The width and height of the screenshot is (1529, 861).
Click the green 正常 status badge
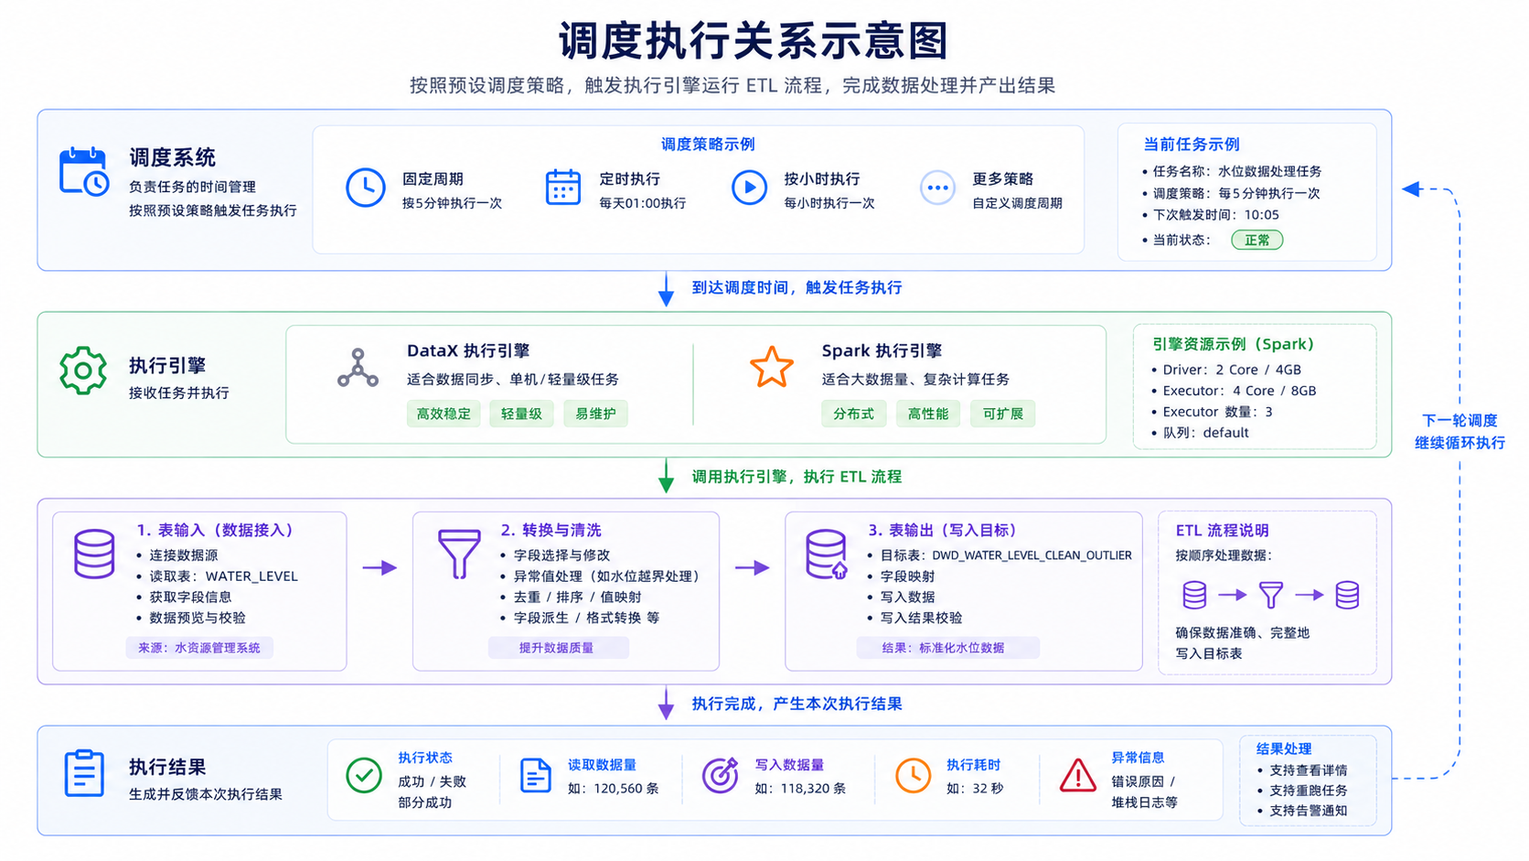click(x=1256, y=240)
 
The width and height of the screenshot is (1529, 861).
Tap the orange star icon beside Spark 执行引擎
click(x=771, y=367)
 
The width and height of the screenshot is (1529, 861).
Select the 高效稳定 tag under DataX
click(x=444, y=414)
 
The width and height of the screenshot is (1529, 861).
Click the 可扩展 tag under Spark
click(x=1003, y=414)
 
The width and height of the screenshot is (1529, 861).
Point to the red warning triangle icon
click(x=1078, y=776)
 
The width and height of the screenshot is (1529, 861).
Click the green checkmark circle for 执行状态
click(x=364, y=775)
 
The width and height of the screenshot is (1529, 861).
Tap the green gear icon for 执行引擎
click(x=83, y=370)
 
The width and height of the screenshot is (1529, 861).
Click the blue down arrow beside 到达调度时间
click(x=667, y=289)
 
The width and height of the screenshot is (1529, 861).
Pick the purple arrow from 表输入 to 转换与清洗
click(x=380, y=567)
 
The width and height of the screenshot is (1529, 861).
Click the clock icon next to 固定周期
click(x=365, y=187)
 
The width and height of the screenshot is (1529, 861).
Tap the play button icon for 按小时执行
click(x=750, y=187)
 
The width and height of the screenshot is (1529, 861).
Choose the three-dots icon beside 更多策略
click(x=937, y=187)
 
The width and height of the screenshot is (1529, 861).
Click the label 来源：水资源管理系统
click(x=199, y=648)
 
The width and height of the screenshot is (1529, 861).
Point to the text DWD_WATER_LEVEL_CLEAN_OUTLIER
click(x=1032, y=555)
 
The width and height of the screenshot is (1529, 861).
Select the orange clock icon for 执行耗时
click(x=913, y=775)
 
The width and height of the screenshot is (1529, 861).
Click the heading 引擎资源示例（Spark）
click(x=1233, y=344)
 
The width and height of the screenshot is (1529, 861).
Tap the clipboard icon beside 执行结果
click(x=84, y=773)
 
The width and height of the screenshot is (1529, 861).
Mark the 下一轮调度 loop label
click(x=1459, y=421)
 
